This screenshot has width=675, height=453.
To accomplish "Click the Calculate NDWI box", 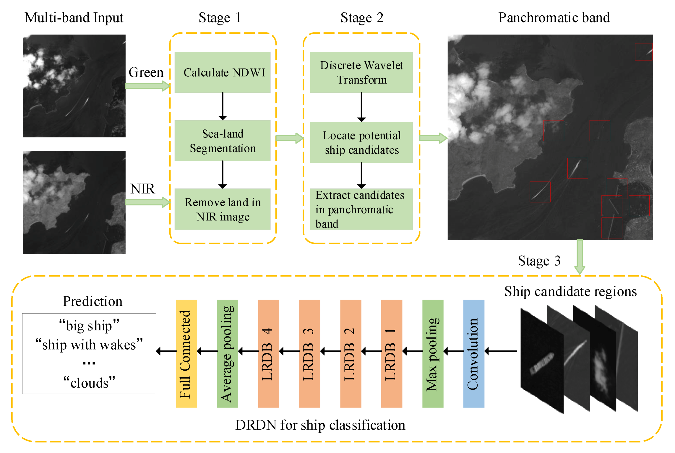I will pos(222,72).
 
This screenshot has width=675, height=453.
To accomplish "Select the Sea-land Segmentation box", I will pos(222,141).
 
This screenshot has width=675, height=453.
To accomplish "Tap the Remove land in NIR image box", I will pos(222,209).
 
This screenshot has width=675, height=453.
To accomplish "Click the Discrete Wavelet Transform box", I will pos(361,72).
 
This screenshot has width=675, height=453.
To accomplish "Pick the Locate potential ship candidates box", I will pos(361,142).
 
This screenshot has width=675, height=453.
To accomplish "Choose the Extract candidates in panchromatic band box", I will pos(361,209).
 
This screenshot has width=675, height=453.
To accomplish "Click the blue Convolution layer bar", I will pos(473,354).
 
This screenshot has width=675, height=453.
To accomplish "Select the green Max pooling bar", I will pos(433,354).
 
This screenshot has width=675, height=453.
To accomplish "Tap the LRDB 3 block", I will pos(309,354).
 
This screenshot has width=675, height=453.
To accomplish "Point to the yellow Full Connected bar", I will pos(186,354).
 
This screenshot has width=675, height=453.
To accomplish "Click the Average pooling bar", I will pos(227,354).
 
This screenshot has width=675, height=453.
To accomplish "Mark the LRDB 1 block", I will pos(391,354).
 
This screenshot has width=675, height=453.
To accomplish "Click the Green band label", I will pos(146,72).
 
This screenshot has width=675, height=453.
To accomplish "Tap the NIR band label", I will pos(142,189).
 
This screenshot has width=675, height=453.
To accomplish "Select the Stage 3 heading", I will pos(539,261).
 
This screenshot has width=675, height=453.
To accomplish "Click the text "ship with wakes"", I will pos(89,345).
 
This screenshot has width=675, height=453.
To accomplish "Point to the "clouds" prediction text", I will pos(89,383).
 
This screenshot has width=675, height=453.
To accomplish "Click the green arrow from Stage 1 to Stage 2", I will pos(289,138).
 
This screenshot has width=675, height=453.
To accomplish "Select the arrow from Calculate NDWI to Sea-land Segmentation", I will pos(223,106).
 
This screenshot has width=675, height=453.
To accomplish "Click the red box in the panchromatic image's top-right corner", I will pos(644,52).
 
